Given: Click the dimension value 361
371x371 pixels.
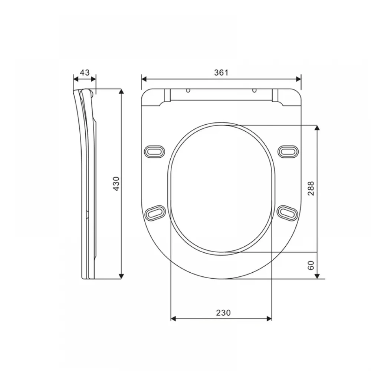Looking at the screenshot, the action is [x=221, y=72].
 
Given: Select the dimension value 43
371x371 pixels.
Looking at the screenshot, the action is [x=85, y=72].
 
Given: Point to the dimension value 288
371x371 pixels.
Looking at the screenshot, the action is [x=311, y=188].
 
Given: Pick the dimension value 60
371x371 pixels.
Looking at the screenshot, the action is [x=311, y=265].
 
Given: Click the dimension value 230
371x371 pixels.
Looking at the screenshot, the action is [x=223, y=313].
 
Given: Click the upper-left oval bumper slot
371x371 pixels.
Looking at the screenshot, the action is [x=154, y=151].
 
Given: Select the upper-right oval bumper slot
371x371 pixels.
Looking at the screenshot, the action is [x=288, y=151].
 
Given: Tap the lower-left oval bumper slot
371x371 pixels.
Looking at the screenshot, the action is [x=155, y=213].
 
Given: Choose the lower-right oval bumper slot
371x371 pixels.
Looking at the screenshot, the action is [x=288, y=213].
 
